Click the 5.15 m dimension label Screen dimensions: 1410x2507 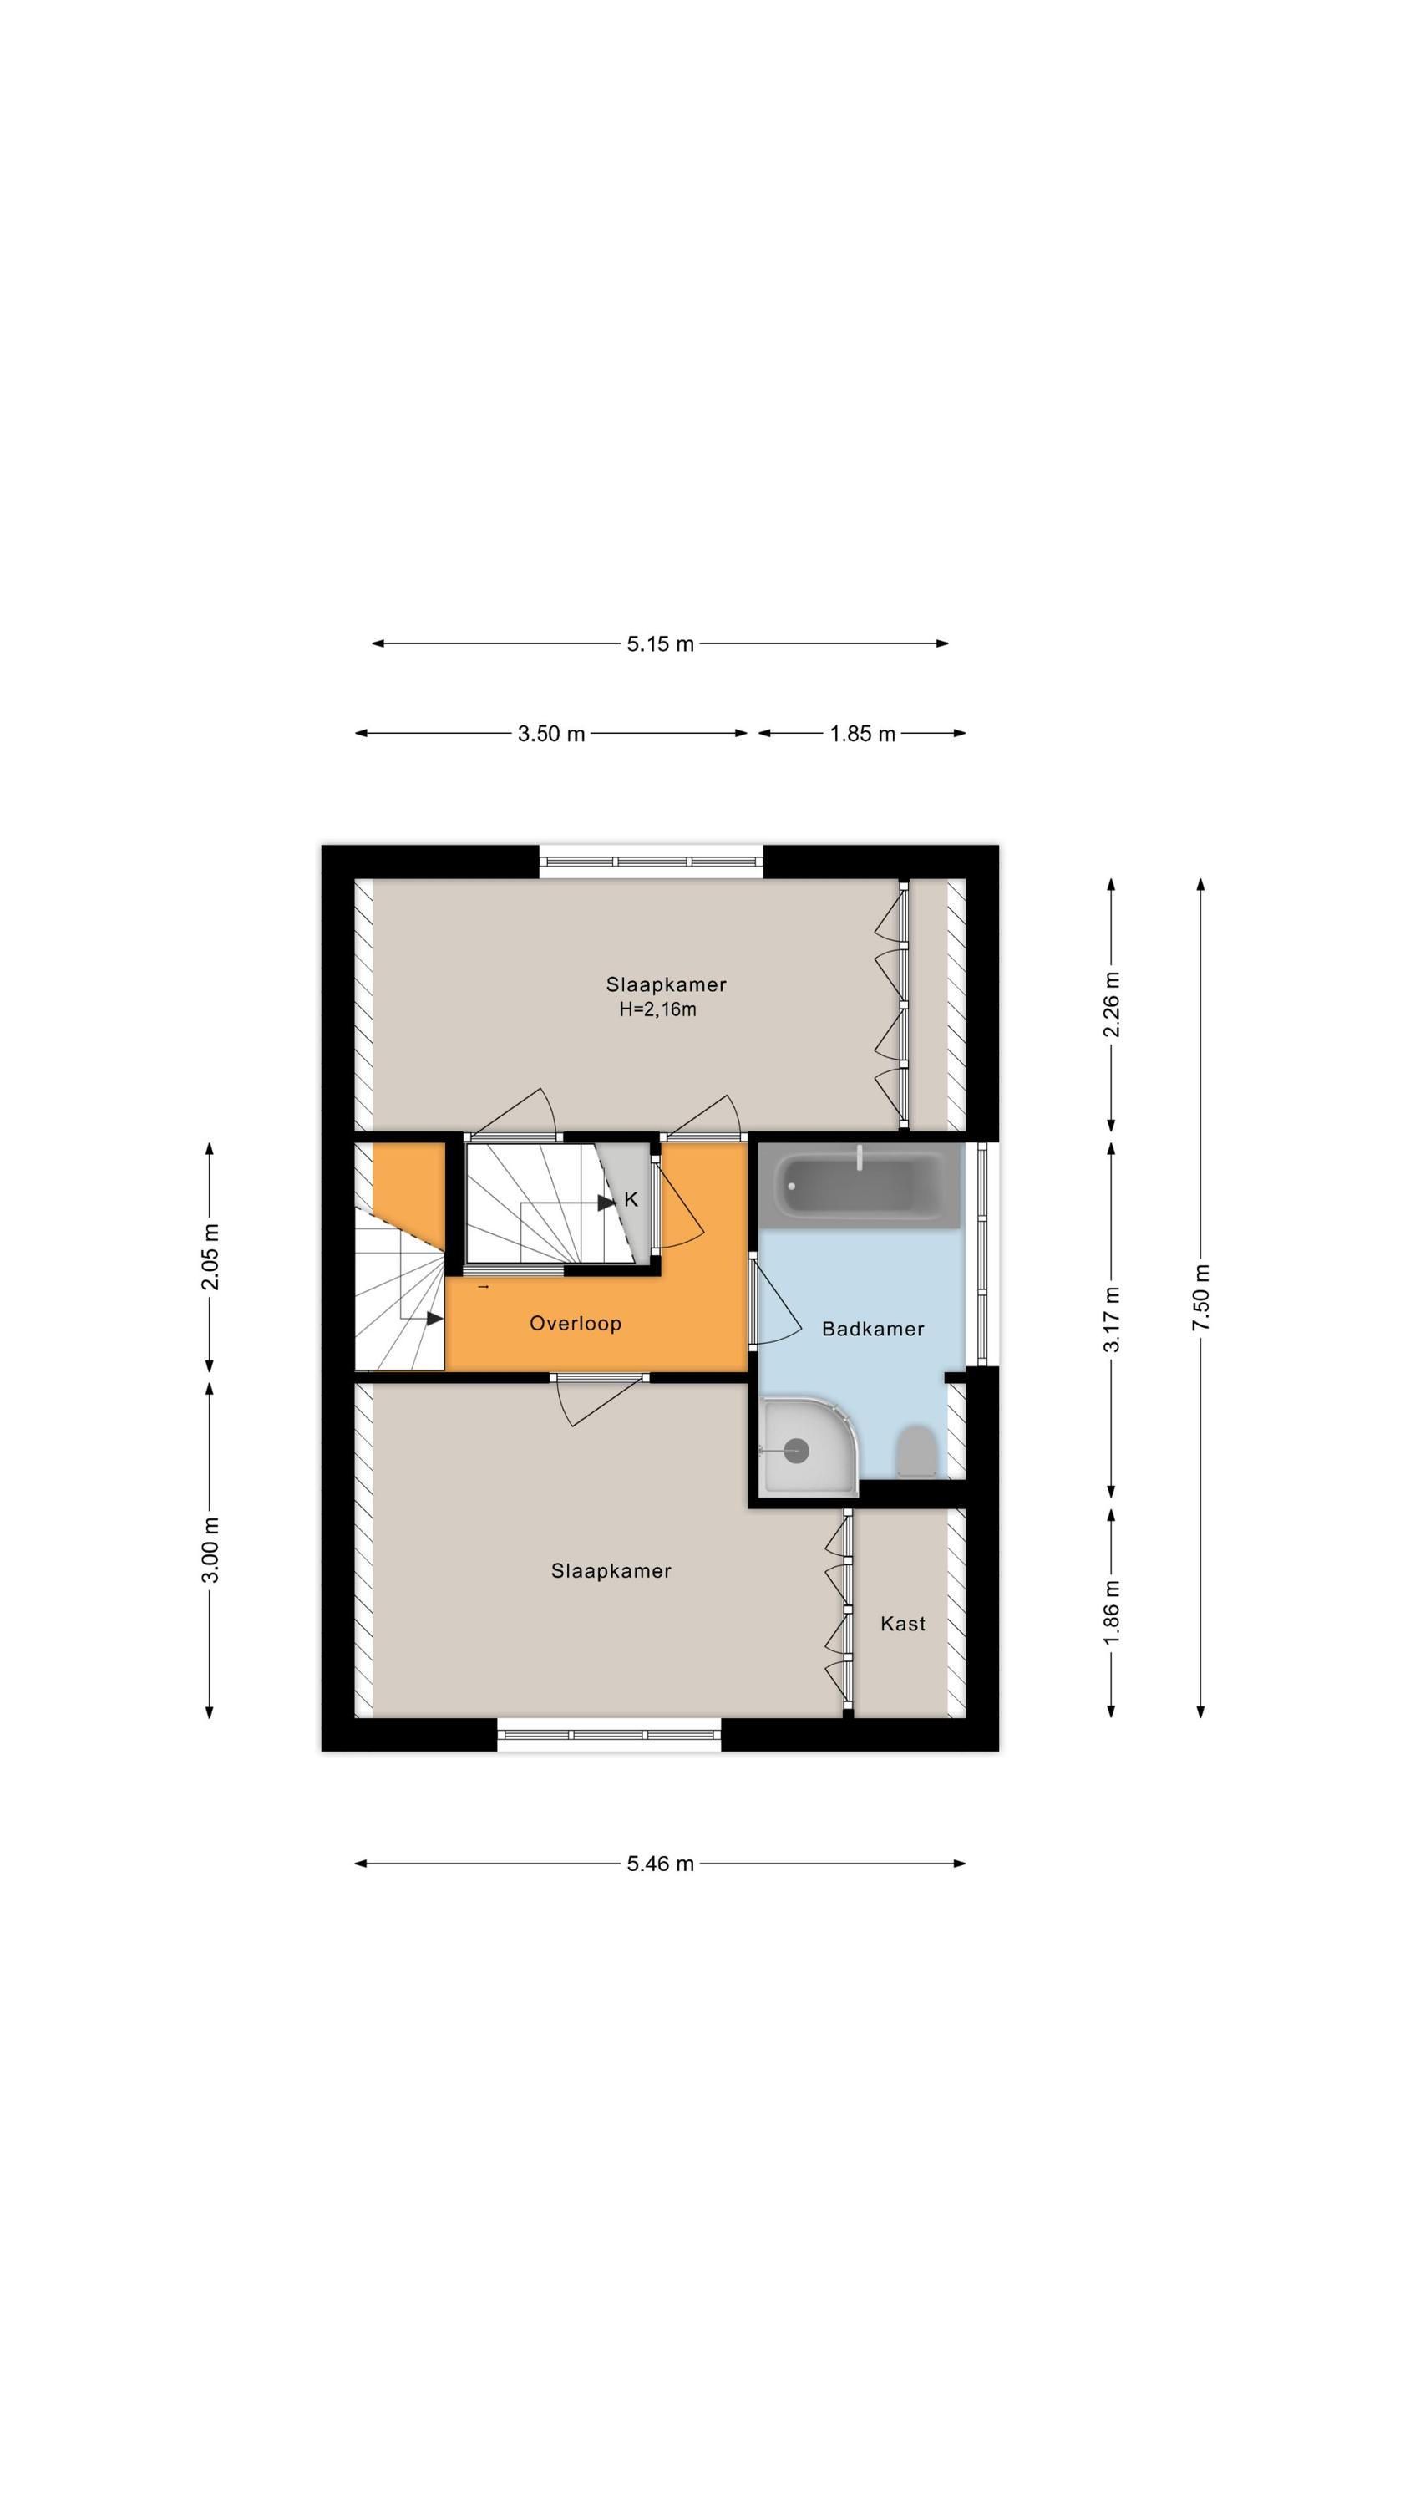(x=660, y=643)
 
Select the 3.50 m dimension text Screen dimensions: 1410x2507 (x=550, y=734)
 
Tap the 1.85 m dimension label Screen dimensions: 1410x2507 (x=862, y=734)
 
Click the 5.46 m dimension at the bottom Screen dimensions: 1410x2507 (x=660, y=1864)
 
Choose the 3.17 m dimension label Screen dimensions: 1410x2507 (x=1111, y=1319)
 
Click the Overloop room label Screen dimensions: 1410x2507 (x=575, y=1324)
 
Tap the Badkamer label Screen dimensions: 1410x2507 (x=873, y=1330)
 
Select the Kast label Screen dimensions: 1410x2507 (x=903, y=1624)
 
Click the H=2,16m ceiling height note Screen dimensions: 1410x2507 (x=658, y=1010)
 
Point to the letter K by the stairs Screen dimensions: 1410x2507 (x=631, y=1200)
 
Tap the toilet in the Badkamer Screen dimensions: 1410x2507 (x=915, y=1451)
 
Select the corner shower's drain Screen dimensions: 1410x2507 (x=797, y=1451)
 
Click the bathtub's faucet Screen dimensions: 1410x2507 (x=860, y=1157)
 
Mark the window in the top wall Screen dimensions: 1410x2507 (x=651, y=862)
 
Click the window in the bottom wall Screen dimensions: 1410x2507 (x=609, y=1734)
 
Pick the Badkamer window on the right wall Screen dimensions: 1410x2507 (x=981, y=1253)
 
